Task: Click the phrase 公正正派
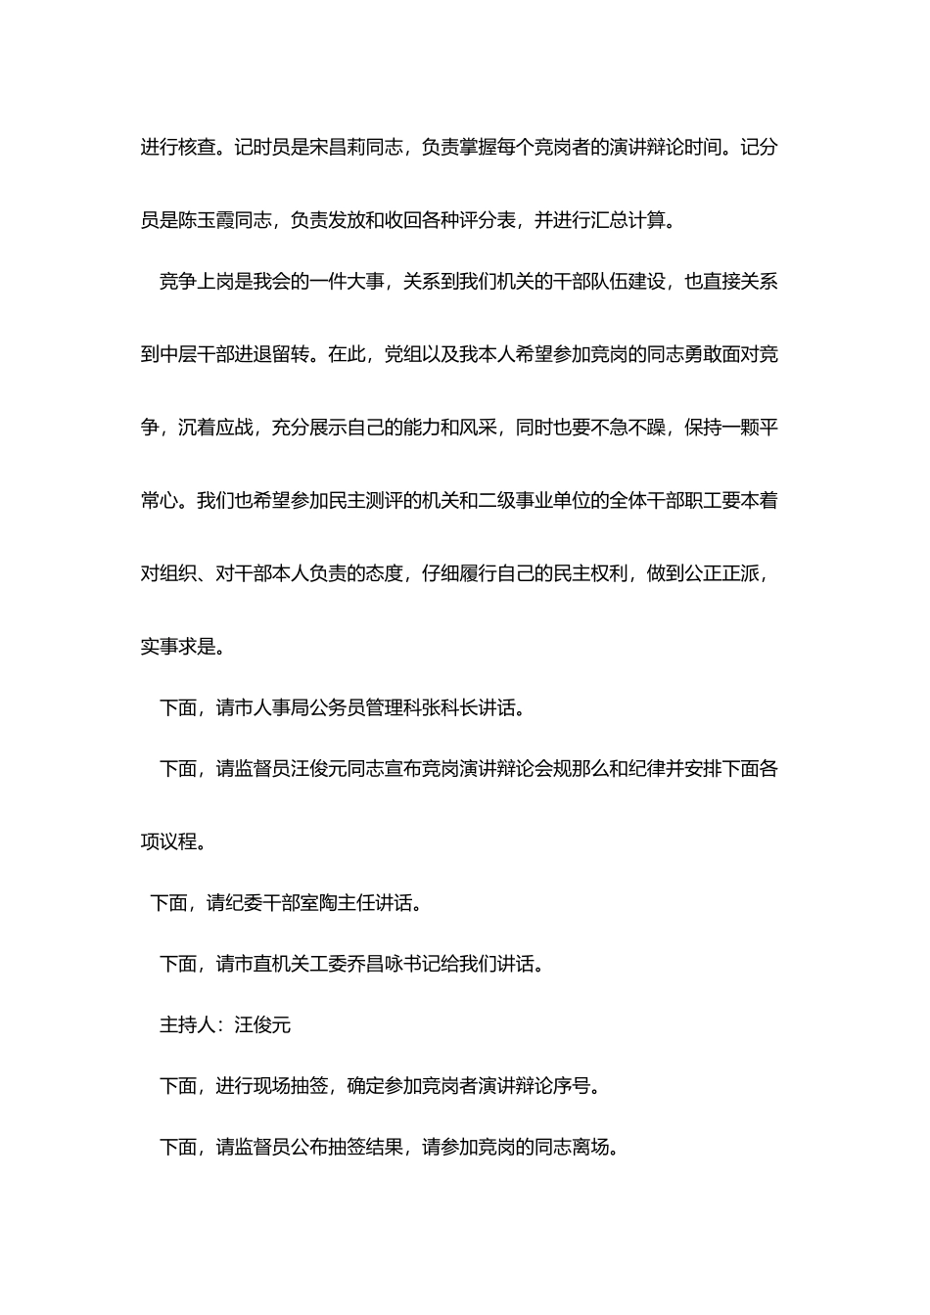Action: tap(721, 573)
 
